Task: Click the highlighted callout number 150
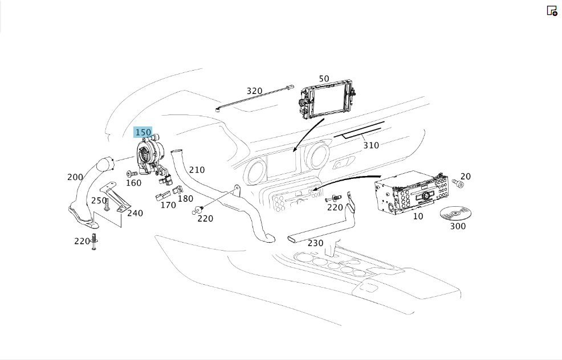click(143, 132)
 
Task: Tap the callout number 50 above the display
click(324, 79)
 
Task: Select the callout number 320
click(254, 91)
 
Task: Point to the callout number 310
click(371, 145)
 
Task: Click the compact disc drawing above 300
click(455, 213)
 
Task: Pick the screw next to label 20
click(458, 184)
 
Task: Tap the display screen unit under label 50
click(325, 101)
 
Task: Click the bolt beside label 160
click(132, 174)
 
